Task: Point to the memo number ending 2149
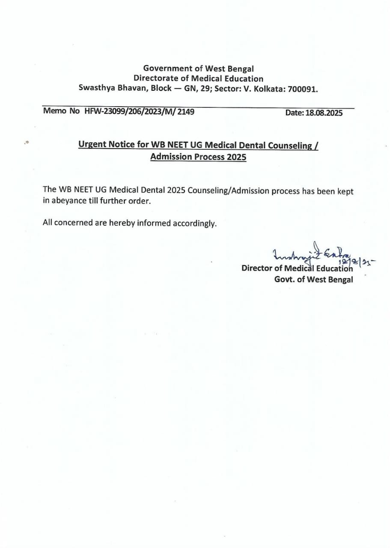140,112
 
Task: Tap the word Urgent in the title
92,144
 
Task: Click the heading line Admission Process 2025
198,157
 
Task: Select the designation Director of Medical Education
297,268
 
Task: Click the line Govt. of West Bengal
313,280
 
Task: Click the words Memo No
61,111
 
